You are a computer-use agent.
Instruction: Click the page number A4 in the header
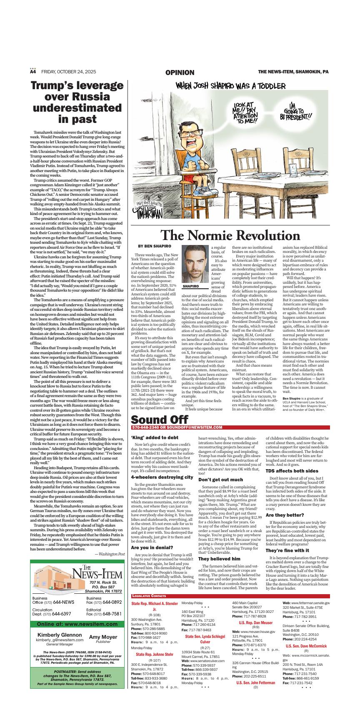click(33, 72)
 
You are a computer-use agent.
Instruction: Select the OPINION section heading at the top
click(180, 72)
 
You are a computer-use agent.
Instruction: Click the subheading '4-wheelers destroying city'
click(162, 477)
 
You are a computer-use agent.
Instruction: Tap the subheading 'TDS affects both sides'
click(292, 471)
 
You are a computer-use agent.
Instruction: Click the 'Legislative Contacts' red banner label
click(149, 596)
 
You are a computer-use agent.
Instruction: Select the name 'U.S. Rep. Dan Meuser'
click(256, 622)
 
